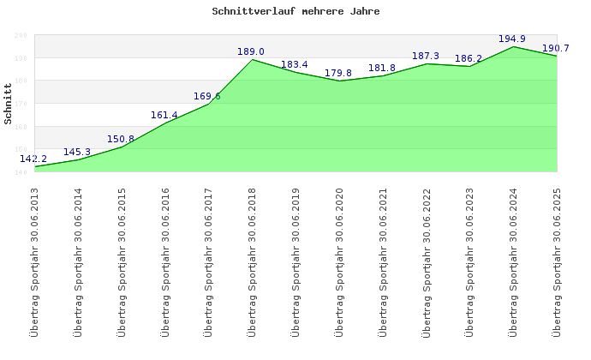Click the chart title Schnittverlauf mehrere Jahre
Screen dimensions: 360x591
[x=295, y=12]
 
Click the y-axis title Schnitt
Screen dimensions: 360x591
[x=9, y=103]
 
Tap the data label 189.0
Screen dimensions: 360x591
[x=251, y=51]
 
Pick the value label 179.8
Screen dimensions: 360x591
[x=338, y=72]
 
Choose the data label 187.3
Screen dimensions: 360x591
[x=426, y=56]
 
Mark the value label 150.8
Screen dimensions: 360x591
[x=121, y=139]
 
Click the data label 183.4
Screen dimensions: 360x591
[x=295, y=64]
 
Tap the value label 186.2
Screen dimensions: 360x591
[x=469, y=59]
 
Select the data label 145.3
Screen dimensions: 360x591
[x=77, y=152]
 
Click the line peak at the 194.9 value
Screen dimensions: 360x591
[x=513, y=46]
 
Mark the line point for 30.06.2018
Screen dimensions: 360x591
[x=252, y=59]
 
